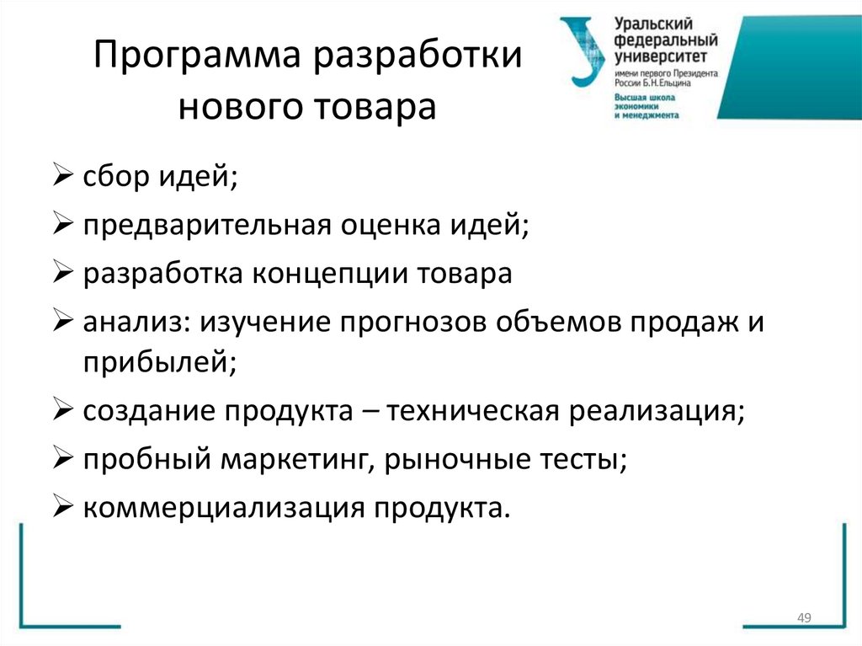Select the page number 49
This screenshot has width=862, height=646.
(x=803, y=619)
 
